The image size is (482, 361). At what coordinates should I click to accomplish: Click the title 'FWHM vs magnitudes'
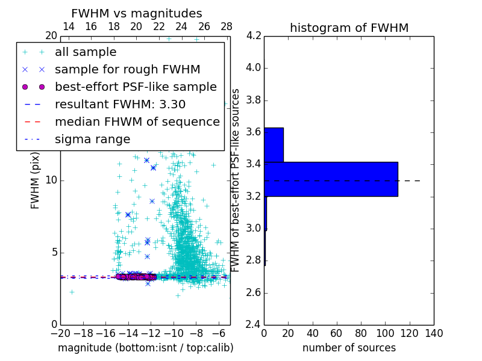pyautogui.click(x=137, y=13)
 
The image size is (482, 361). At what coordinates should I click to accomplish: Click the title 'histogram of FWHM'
pyautogui.click(x=349, y=28)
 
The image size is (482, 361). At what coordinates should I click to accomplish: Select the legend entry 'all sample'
pyautogui.click(x=86, y=52)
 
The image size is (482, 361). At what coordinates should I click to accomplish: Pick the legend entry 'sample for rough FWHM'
pyautogui.click(x=127, y=69)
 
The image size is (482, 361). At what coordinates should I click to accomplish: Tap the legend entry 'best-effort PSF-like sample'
pyautogui.click(x=136, y=87)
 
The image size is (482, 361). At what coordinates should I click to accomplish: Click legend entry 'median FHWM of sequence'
pyautogui.click(x=137, y=122)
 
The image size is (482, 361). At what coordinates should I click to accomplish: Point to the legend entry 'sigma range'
pyautogui.click(x=92, y=140)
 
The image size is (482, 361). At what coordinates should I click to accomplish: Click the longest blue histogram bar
pyautogui.click(x=331, y=179)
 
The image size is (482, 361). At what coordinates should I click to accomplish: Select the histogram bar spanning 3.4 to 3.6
pyautogui.click(x=274, y=144)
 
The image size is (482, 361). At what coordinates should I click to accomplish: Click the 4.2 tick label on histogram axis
pyautogui.click(x=254, y=35)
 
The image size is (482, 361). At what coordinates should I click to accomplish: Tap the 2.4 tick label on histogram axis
pyautogui.click(x=254, y=324)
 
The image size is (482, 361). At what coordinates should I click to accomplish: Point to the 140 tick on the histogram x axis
pyautogui.click(x=434, y=333)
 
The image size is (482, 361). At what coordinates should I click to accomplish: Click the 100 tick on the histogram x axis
pyautogui.click(x=385, y=333)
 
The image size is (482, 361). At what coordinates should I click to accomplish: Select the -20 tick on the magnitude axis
pyautogui.click(x=60, y=333)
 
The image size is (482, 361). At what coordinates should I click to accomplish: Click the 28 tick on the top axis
pyautogui.click(x=227, y=26)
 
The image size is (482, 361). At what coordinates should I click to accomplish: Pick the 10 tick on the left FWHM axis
pyautogui.click(x=52, y=180)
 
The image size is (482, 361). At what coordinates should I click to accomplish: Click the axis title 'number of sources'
pyautogui.click(x=349, y=348)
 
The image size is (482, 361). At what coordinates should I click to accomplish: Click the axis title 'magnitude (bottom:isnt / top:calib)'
pyautogui.click(x=145, y=348)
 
